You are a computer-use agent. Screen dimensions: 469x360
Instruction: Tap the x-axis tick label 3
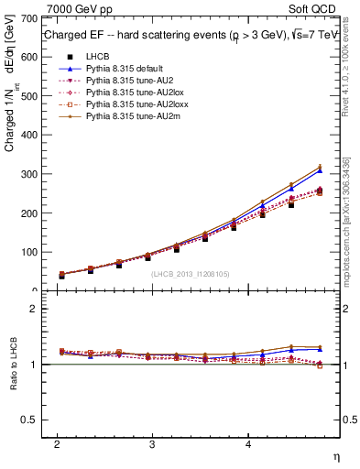151,444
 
